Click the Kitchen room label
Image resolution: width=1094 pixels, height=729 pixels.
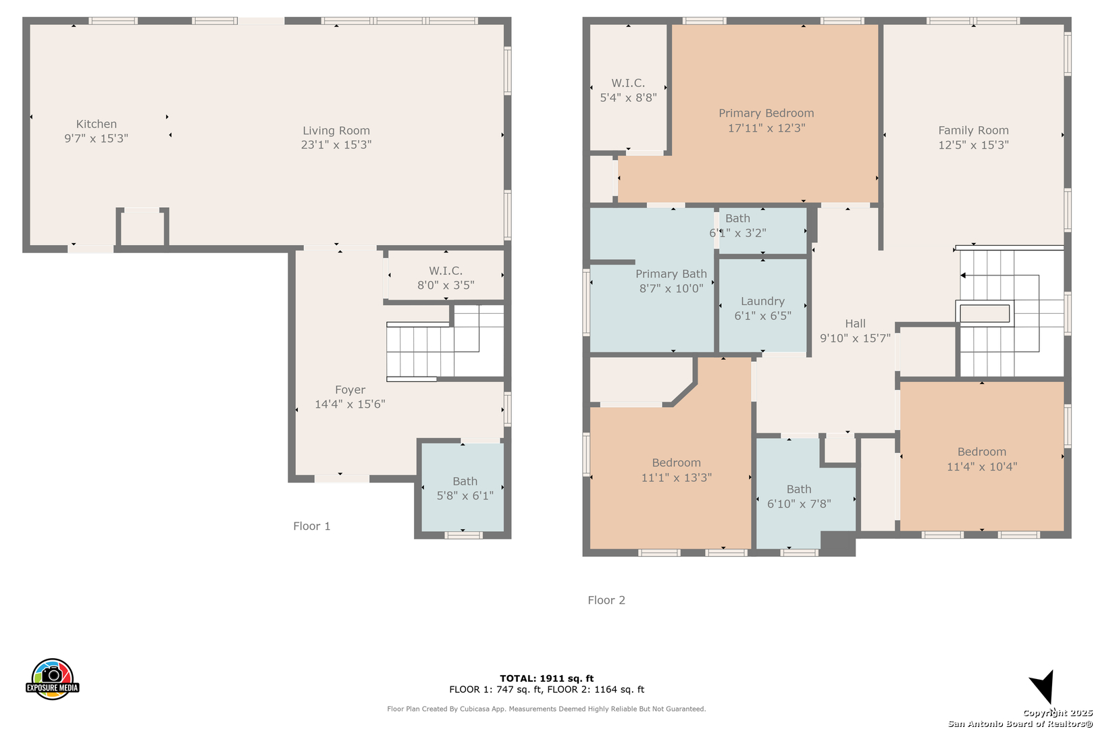coord(96,124)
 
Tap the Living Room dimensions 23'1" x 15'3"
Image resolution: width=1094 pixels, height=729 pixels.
coord(336,144)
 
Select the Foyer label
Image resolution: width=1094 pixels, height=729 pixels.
coord(350,389)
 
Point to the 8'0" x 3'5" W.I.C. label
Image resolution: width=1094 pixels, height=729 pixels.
coord(446,277)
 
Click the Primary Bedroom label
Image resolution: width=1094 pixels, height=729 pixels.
coord(766,113)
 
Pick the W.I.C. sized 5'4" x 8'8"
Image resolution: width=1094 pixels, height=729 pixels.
coord(628,88)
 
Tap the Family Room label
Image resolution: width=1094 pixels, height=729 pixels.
coord(973,130)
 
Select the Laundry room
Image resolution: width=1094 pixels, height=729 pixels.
coord(762,305)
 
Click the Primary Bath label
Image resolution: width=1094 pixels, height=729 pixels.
coord(671,274)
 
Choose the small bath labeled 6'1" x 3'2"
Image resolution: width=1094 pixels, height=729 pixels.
coord(762,230)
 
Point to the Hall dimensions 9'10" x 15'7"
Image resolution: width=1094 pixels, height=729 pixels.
coord(855,338)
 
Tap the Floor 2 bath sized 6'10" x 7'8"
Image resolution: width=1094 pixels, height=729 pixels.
coord(799,495)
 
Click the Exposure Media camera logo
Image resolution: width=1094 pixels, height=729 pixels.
coord(52,678)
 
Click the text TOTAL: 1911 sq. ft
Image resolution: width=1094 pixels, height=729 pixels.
coord(546,678)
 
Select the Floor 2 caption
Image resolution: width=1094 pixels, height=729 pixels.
coord(606,600)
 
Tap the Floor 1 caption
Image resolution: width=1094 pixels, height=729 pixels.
coord(311,526)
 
